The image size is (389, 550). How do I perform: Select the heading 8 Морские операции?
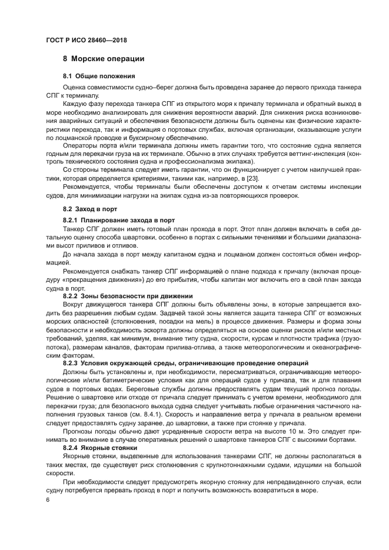[x=103, y=59]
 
